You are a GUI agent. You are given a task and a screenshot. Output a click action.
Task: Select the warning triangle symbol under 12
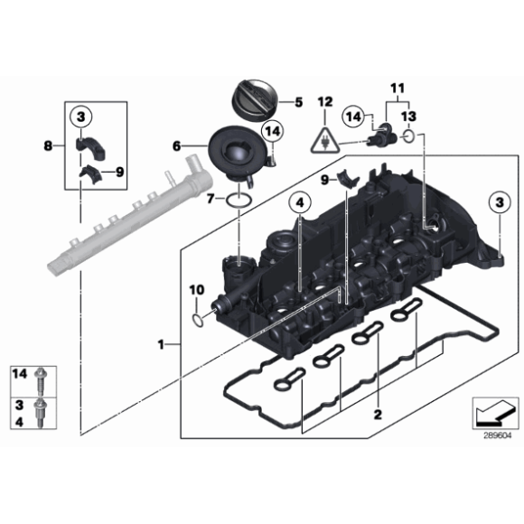pos(323,140)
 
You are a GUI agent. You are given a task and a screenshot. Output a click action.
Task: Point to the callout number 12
pos(323,103)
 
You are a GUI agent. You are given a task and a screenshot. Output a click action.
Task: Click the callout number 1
pos(163,344)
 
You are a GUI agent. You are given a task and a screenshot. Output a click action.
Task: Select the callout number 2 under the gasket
pos(378,415)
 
